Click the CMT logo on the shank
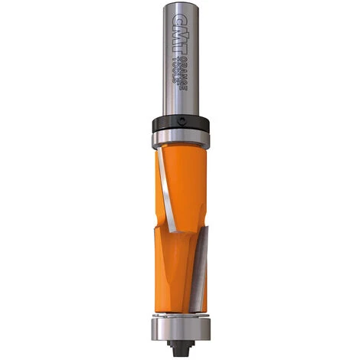click(x=181, y=27)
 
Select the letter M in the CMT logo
click(x=181, y=26)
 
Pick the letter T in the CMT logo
click(x=181, y=39)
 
